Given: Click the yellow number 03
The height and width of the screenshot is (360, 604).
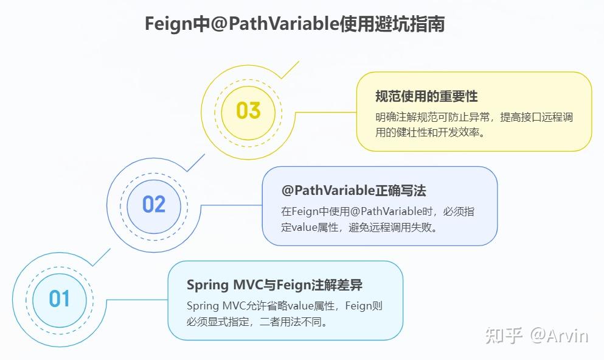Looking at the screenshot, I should pyautogui.click(x=248, y=111).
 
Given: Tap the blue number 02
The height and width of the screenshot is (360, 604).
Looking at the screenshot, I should pyautogui.click(x=154, y=204).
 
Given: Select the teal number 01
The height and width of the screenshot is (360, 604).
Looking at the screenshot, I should pyautogui.click(x=60, y=299).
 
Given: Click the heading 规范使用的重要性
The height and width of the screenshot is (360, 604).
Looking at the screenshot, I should pyautogui.click(x=426, y=96).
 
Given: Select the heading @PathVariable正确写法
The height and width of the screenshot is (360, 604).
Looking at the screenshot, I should pyautogui.click(x=353, y=191).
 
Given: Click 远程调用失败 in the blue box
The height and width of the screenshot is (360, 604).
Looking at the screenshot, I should pyautogui.click(x=407, y=227).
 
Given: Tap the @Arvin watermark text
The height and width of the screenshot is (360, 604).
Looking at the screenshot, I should pyautogui.click(x=559, y=335).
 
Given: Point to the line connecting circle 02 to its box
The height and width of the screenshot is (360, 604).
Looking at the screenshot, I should pyautogui.click(x=231, y=205).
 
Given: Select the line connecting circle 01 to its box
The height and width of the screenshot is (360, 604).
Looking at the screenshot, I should pyautogui.click(x=137, y=300).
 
